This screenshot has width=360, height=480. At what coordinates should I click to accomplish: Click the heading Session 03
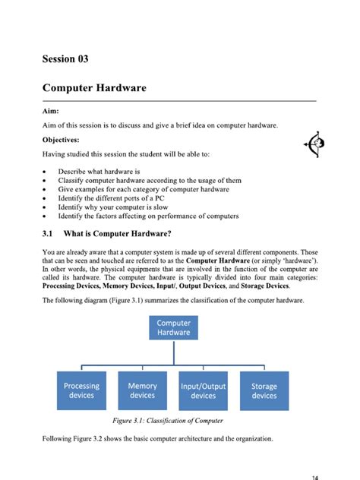pos(70,58)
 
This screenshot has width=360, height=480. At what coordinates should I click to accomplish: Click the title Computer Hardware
pos(94,88)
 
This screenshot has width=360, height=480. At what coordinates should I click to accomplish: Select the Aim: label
pos(52,111)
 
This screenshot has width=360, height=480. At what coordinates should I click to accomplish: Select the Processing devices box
pos(81,390)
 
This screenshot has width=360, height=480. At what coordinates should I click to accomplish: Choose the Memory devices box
pos(142,390)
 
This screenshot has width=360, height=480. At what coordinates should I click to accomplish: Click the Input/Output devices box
pos(203,390)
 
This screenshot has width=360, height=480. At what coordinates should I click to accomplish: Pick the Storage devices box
pos(264,390)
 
